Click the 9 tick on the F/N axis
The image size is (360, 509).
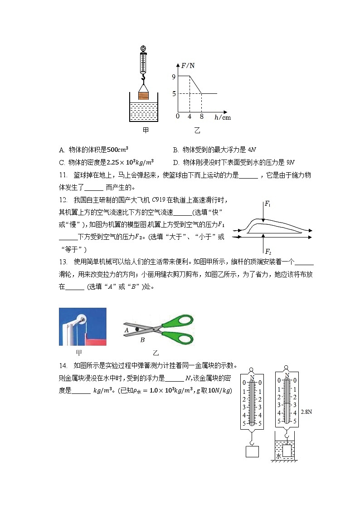tap(174, 77)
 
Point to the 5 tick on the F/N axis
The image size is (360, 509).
tap(174, 94)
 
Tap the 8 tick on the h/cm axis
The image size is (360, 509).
tap(201, 116)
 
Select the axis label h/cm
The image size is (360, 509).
tap(223, 117)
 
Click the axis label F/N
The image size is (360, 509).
tap(188, 65)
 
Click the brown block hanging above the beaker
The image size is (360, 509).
tap(143, 96)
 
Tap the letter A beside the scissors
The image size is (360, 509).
tap(126, 331)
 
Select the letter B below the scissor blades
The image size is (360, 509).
tap(142, 339)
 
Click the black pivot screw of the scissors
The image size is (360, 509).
tap(136, 330)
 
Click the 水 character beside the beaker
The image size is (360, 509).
tap(279, 456)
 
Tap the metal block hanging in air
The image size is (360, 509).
tap(252, 451)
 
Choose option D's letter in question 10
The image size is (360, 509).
tap(175, 162)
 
